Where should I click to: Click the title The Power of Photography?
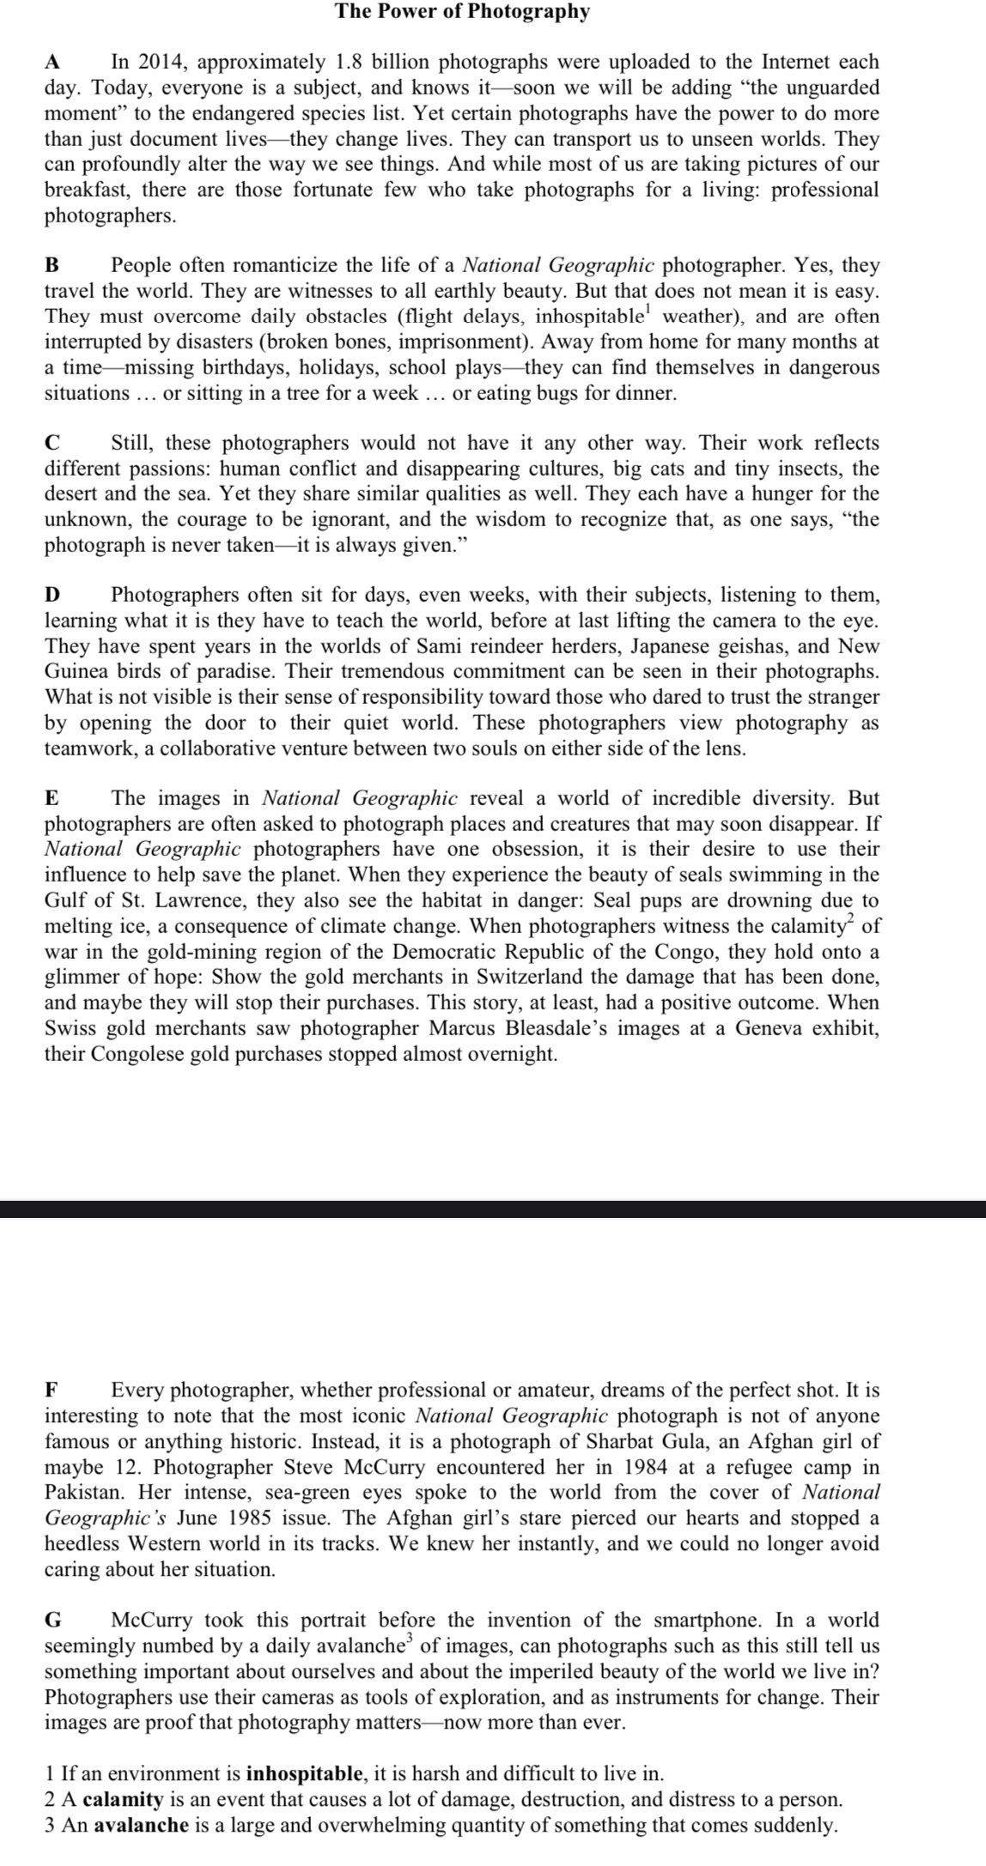point(462,12)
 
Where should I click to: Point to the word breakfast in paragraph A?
point(87,190)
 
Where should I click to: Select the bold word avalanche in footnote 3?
point(141,1825)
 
